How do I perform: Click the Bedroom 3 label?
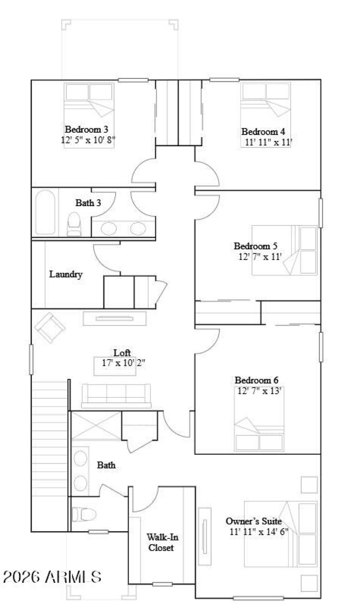86,129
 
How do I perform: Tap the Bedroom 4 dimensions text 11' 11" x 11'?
266,143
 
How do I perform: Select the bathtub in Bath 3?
45,212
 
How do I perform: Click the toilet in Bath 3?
74,224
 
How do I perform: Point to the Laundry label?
66,274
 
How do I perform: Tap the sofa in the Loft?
116,395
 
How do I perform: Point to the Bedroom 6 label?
256,381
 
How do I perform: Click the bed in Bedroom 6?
259,423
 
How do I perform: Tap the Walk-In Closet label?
160,542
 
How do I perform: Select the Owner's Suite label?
253,521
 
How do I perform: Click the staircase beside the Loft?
49,439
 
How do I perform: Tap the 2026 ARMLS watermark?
52,577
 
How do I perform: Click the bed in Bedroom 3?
89,106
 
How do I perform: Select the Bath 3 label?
88,203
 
